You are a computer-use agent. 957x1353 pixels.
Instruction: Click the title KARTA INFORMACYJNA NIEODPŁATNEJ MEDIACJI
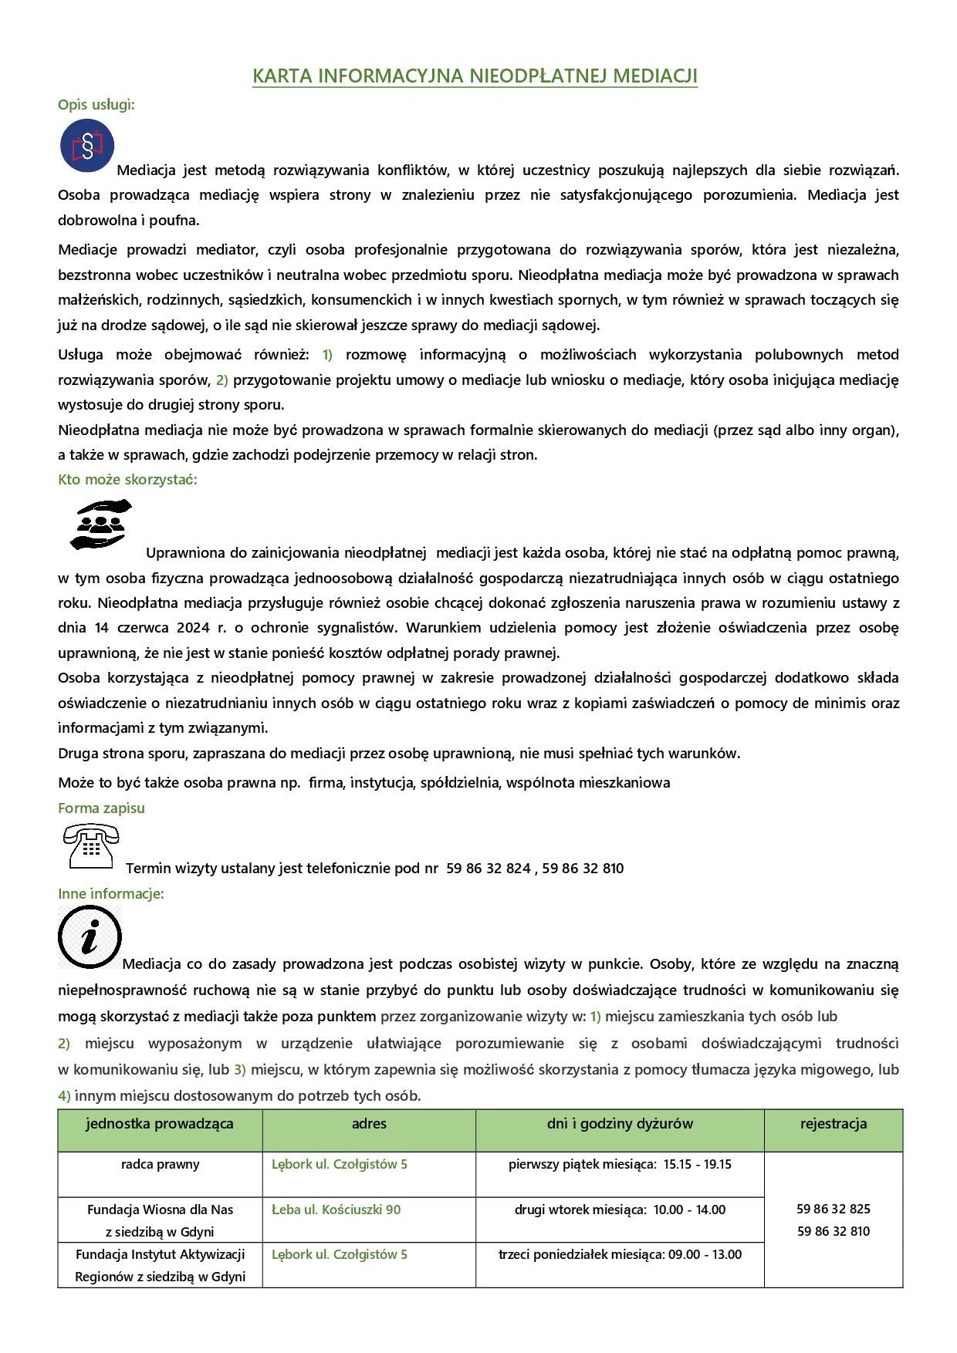(475, 76)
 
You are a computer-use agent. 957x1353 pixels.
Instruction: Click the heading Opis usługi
(96, 104)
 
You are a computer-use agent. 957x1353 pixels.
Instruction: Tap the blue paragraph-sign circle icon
(87, 145)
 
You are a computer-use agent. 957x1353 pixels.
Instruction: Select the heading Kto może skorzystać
(127, 479)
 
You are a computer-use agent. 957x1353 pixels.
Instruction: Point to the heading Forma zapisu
(101, 808)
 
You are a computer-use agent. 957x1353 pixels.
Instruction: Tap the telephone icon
(90, 846)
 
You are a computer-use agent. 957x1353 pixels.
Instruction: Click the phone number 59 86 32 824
(489, 868)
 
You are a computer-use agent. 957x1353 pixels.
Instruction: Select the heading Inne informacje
(111, 893)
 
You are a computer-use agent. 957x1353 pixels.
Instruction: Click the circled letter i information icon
(90, 936)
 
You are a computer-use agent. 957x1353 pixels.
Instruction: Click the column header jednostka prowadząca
(160, 1124)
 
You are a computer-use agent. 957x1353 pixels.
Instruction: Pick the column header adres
(369, 1124)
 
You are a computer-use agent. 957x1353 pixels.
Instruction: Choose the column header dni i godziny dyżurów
(620, 1124)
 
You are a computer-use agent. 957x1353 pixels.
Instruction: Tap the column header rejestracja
(834, 1124)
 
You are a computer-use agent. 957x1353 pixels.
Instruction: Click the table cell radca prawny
(160, 1164)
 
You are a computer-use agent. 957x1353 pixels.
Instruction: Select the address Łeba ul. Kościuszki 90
(336, 1210)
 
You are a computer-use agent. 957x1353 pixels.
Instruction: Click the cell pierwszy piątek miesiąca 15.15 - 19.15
(620, 1164)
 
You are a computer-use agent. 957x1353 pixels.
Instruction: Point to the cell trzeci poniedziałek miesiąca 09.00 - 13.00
(620, 1254)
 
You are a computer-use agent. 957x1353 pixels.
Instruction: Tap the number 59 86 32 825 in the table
(834, 1209)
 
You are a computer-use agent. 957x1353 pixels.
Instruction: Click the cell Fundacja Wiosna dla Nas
(160, 1210)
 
